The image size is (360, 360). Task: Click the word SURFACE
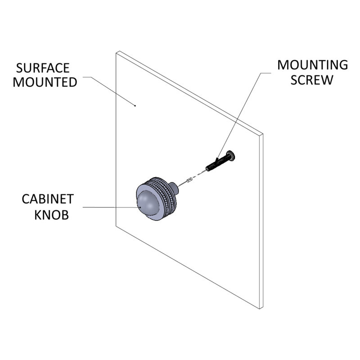pos(43,68)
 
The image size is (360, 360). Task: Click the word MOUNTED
pos(45,82)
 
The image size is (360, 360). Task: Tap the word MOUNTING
pos(312,65)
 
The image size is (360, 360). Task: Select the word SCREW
pos(312,80)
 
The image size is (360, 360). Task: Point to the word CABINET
pos(48,199)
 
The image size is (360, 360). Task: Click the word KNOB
pos(52,215)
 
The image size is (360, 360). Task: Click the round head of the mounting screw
pos(231,156)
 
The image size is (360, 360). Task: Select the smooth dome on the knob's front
pos(147,203)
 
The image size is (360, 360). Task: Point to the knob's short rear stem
pos(174,187)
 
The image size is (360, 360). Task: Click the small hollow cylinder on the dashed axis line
pos(189,180)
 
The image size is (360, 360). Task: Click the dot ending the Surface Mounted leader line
pos(135,106)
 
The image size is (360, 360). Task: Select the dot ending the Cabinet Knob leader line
pos(140,207)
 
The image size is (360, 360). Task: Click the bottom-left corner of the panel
pos(116,226)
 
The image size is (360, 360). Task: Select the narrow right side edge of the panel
pos(261,221)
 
